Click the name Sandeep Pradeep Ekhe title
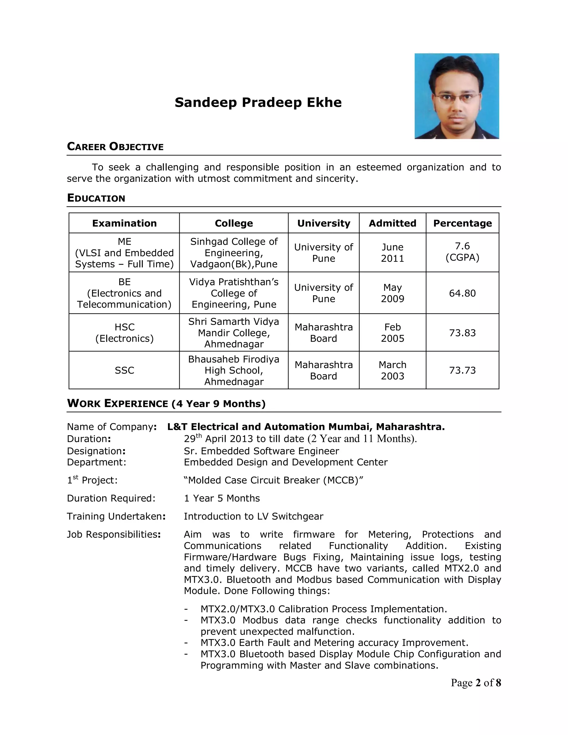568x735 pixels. (x=258, y=102)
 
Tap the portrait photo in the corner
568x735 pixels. (x=457, y=96)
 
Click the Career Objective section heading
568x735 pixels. (x=115, y=147)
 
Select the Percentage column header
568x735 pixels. (x=462, y=223)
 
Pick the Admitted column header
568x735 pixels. (x=392, y=223)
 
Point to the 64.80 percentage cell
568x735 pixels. (x=462, y=293)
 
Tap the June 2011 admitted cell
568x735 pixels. (x=392, y=253)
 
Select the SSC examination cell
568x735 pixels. (x=124, y=370)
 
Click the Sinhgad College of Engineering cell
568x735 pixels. (x=234, y=253)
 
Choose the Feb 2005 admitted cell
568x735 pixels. (x=392, y=333)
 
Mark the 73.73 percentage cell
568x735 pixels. (x=462, y=370)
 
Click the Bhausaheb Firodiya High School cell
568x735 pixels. (x=234, y=370)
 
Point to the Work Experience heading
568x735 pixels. (x=166, y=404)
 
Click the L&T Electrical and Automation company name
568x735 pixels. (x=306, y=427)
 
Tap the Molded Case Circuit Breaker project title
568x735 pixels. (x=273, y=480)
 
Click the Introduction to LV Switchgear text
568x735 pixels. (x=253, y=516)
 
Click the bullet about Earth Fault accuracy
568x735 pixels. (x=334, y=643)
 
